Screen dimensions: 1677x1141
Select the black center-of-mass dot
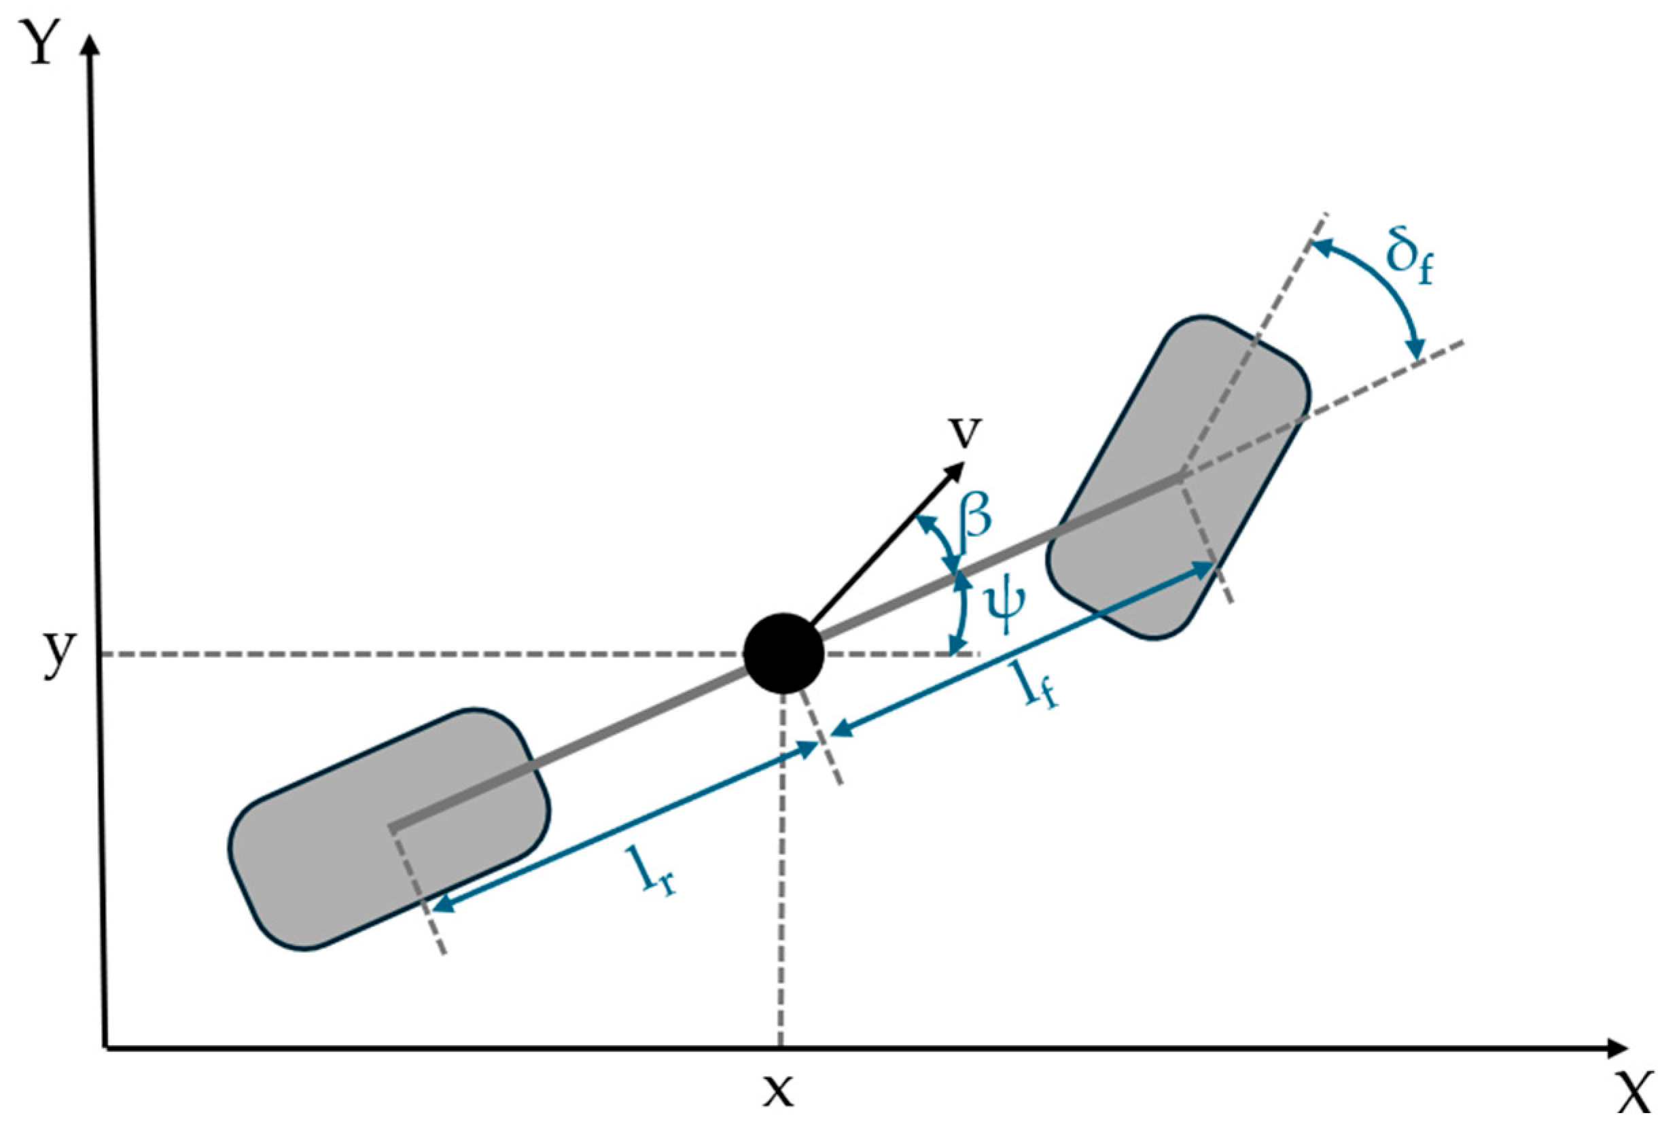point(783,653)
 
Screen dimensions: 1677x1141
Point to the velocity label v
point(965,431)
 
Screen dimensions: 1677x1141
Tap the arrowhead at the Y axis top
point(90,45)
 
